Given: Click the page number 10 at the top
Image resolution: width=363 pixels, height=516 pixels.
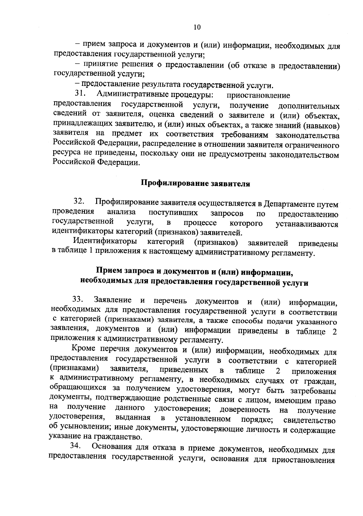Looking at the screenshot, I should (x=197, y=27).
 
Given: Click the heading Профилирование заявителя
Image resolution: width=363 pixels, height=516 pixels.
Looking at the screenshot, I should (x=195, y=184).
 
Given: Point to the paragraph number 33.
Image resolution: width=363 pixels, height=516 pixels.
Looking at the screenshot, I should (x=78, y=300).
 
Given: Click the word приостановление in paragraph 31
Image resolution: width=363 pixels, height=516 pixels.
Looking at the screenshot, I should (x=258, y=95).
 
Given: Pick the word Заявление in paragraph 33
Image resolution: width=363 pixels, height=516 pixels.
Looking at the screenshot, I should (x=113, y=300).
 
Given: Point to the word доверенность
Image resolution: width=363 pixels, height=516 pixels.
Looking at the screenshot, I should (x=244, y=410).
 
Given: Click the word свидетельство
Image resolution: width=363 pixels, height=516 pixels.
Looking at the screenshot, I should (x=310, y=421).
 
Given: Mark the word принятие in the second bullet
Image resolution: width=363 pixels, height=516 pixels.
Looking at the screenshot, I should (x=100, y=64).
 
